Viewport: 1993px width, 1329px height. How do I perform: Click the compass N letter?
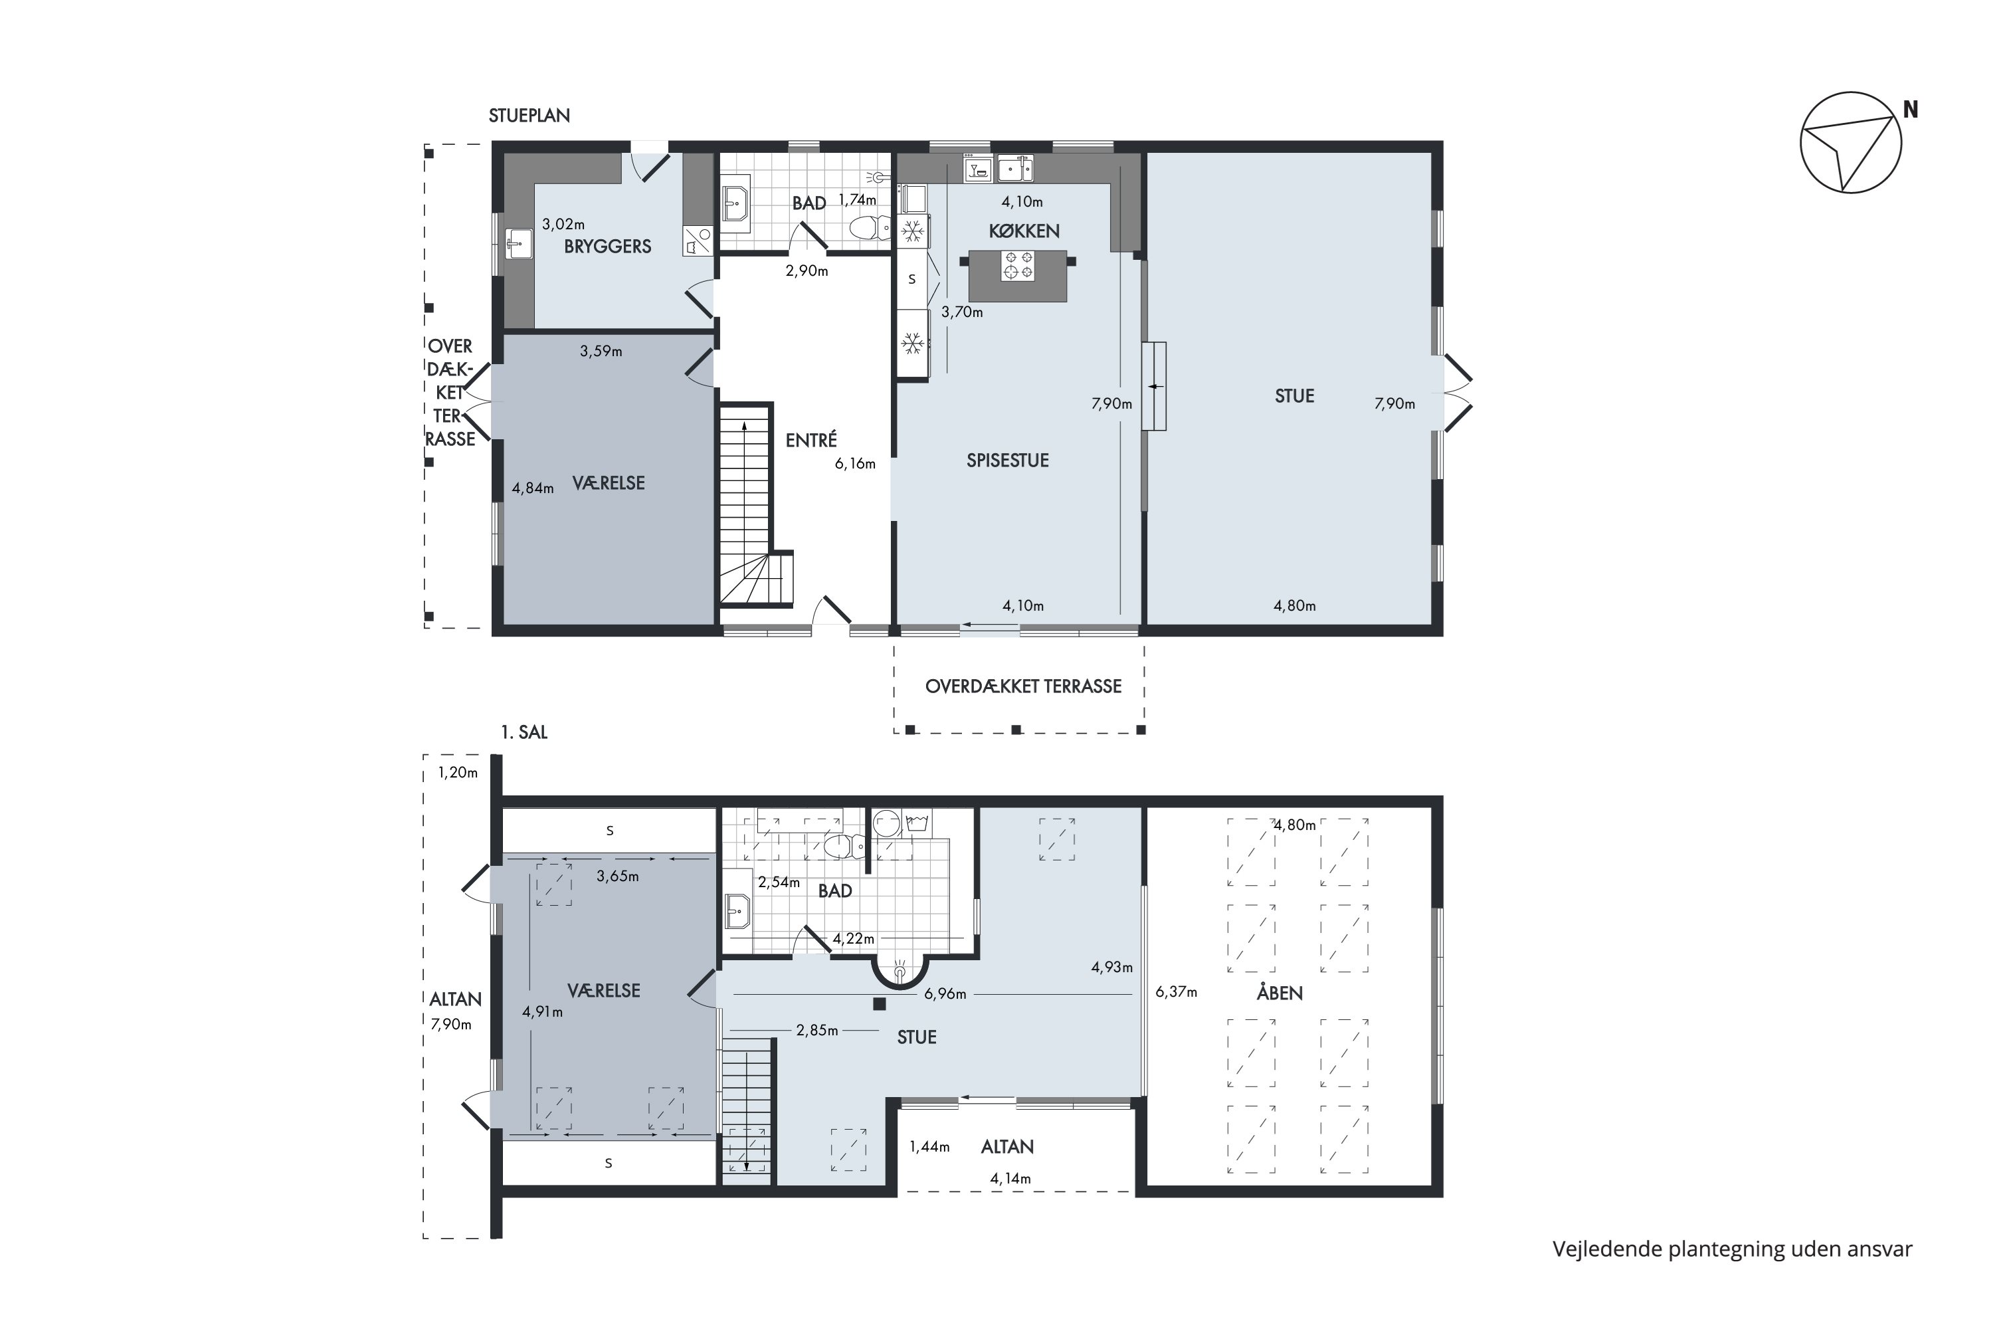coord(1911,110)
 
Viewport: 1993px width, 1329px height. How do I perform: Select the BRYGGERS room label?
coord(608,247)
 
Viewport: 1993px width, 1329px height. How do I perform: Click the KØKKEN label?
coord(1024,231)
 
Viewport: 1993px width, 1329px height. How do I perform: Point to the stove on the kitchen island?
coord(1018,265)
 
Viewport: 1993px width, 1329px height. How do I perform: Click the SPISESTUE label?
coord(1008,460)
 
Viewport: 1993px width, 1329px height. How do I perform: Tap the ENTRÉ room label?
coord(811,440)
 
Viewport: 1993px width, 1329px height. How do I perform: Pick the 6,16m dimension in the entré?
coord(855,464)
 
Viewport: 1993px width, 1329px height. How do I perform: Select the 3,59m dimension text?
coord(601,351)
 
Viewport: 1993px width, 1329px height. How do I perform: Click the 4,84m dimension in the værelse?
coord(533,488)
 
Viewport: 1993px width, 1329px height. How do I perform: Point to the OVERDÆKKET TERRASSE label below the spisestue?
coord(1023,686)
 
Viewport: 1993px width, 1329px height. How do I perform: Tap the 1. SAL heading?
coord(525,732)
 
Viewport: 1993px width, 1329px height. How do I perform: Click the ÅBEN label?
coord(1280,993)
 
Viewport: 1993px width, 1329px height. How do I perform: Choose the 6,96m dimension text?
coord(945,994)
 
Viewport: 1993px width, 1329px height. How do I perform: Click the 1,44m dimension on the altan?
coord(929,1147)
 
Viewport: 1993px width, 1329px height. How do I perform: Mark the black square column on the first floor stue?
coord(880,1004)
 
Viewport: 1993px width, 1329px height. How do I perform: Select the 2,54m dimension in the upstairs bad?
coord(779,882)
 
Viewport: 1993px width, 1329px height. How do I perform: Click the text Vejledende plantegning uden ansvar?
coord(1732,1249)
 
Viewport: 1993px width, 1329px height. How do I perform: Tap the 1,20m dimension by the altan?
coord(458,773)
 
